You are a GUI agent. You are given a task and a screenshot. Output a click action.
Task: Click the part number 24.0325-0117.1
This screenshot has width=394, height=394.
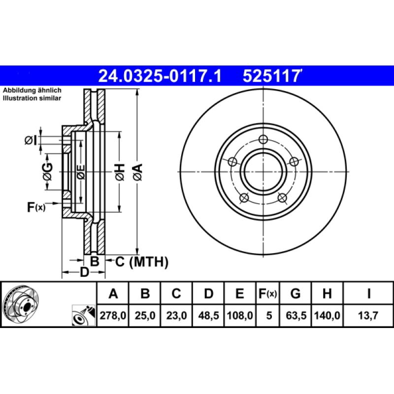pyautogui.click(x=160, y=76)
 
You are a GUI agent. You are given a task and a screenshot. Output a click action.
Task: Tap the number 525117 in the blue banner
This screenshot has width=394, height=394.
pyautogui.click(x=271, y=76)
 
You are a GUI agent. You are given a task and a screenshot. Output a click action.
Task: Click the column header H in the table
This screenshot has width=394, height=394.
pyautogui.click(x=327, y=294)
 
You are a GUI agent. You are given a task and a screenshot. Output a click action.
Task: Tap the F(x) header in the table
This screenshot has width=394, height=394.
pyautogui.click(x=268, y=294)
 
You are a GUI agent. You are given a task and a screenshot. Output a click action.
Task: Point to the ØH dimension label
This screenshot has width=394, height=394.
pyautogui.click(x=120, y=172)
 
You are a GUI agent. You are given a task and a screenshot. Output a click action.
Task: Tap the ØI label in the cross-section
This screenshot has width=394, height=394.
pyautogui.click(x=31, y=141)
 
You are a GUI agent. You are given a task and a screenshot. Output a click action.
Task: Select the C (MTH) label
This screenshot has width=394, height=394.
pyautogui.click(x=141, y=262)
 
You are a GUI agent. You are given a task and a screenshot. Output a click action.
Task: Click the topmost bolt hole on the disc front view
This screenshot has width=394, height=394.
pyautogui.click(x=263, y=139)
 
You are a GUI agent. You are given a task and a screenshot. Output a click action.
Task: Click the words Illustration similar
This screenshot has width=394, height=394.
pyautogui.click(x=32, y=98)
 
